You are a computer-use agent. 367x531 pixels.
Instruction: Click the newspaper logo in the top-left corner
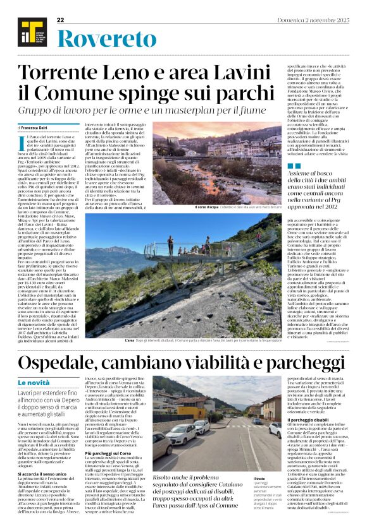tap(27, 32)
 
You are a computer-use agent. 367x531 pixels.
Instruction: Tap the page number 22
tap(61, 21)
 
